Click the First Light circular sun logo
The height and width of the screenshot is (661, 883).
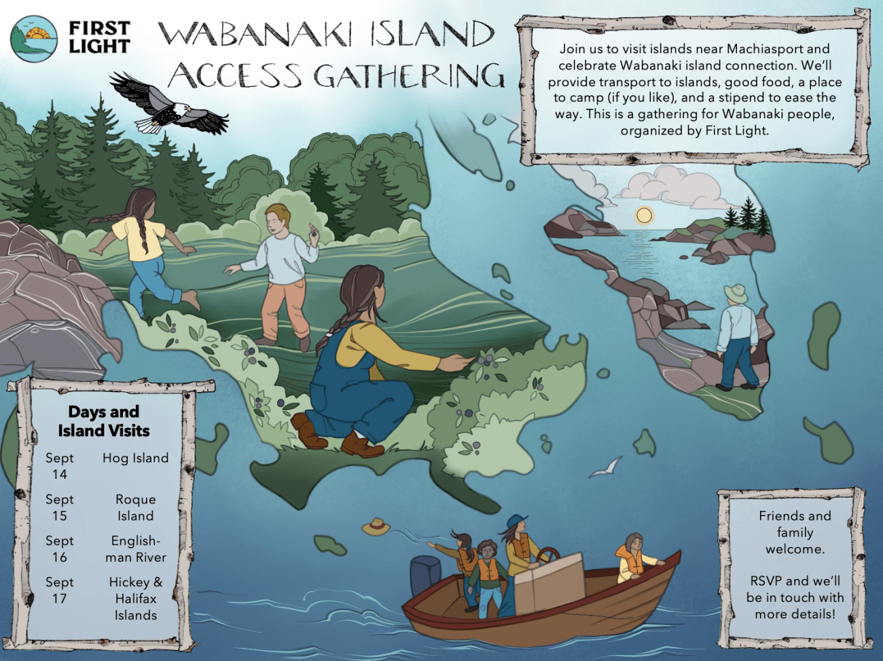34,39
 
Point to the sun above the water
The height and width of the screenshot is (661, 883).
644,215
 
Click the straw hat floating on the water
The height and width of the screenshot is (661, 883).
375,526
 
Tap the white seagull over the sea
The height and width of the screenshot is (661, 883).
605,467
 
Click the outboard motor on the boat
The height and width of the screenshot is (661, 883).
427,575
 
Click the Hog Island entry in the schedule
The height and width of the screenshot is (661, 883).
135,458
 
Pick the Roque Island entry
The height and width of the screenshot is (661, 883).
135,507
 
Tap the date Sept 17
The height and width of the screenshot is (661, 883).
59,590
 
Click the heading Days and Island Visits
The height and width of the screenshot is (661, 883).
103,421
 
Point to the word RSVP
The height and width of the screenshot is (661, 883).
765,581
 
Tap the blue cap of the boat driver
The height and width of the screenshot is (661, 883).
516,522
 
